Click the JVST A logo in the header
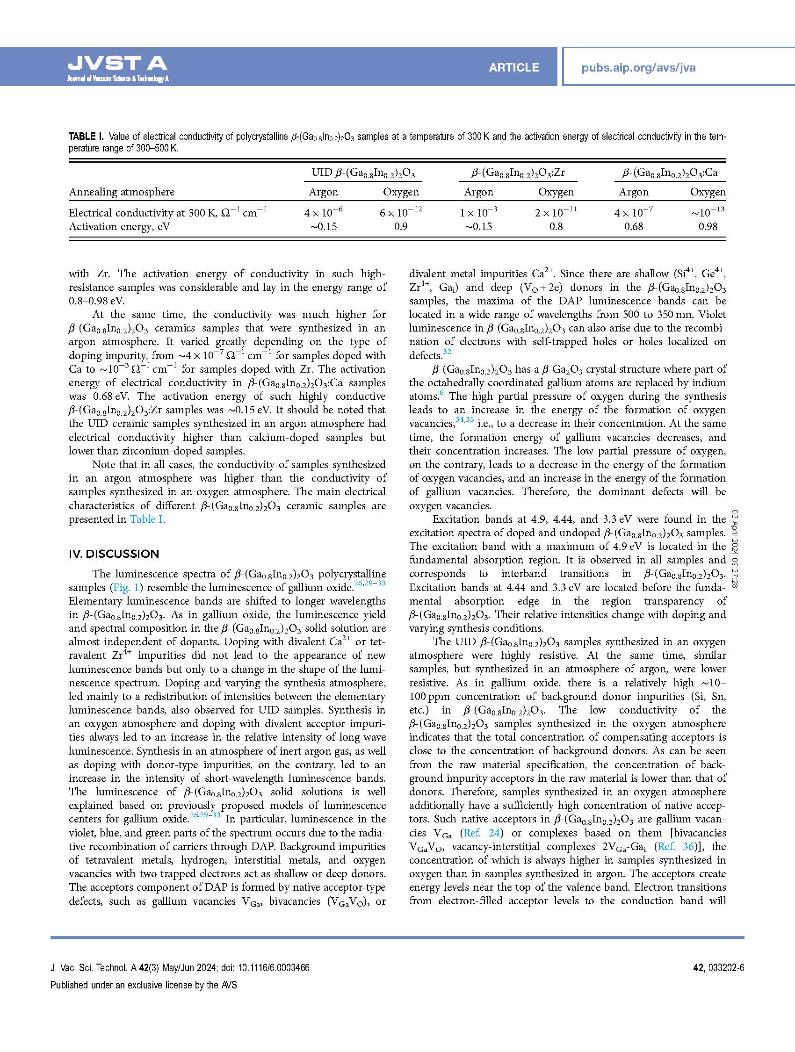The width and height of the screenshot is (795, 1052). (x=117, y=66)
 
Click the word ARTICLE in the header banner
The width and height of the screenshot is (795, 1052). (x=513, y=67)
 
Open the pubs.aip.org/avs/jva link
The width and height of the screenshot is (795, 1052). (x=638, y=67)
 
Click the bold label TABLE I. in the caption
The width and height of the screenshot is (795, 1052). (x=86, y=137)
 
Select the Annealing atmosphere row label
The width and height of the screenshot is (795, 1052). (x=122, y=192)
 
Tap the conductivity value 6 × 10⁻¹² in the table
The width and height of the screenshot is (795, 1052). (x=401, y=212)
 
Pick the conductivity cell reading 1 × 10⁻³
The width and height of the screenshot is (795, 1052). (x=478, y=212)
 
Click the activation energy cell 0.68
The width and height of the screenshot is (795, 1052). (x=633, y=227)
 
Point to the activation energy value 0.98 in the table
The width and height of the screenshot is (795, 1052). (x=708, y=227)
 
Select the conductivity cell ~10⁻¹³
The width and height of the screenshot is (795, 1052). (x=708, y=212)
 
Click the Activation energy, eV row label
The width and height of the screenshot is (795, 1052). (x=119, y=227)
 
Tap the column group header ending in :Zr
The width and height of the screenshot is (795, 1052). (x=518, y=173)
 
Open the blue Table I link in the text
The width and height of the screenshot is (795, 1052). (x=146, y=519)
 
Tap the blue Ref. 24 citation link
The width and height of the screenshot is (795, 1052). (x=482, y=833)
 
